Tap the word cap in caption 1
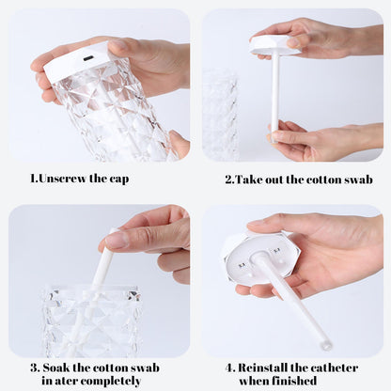pyautogui.click(x=117, y=179)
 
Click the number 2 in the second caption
pyautogui.click(x=227, y=179)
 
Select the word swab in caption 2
pyautogui.click(x=355, y=179)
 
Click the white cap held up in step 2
pyautogui.click(x=274, y=43)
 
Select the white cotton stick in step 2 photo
pyautogui.click(x=274, y=94)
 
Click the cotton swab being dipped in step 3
pyautogui.click(x=102, y=268)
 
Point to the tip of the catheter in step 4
pyautogui.click(x=325, y=344)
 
